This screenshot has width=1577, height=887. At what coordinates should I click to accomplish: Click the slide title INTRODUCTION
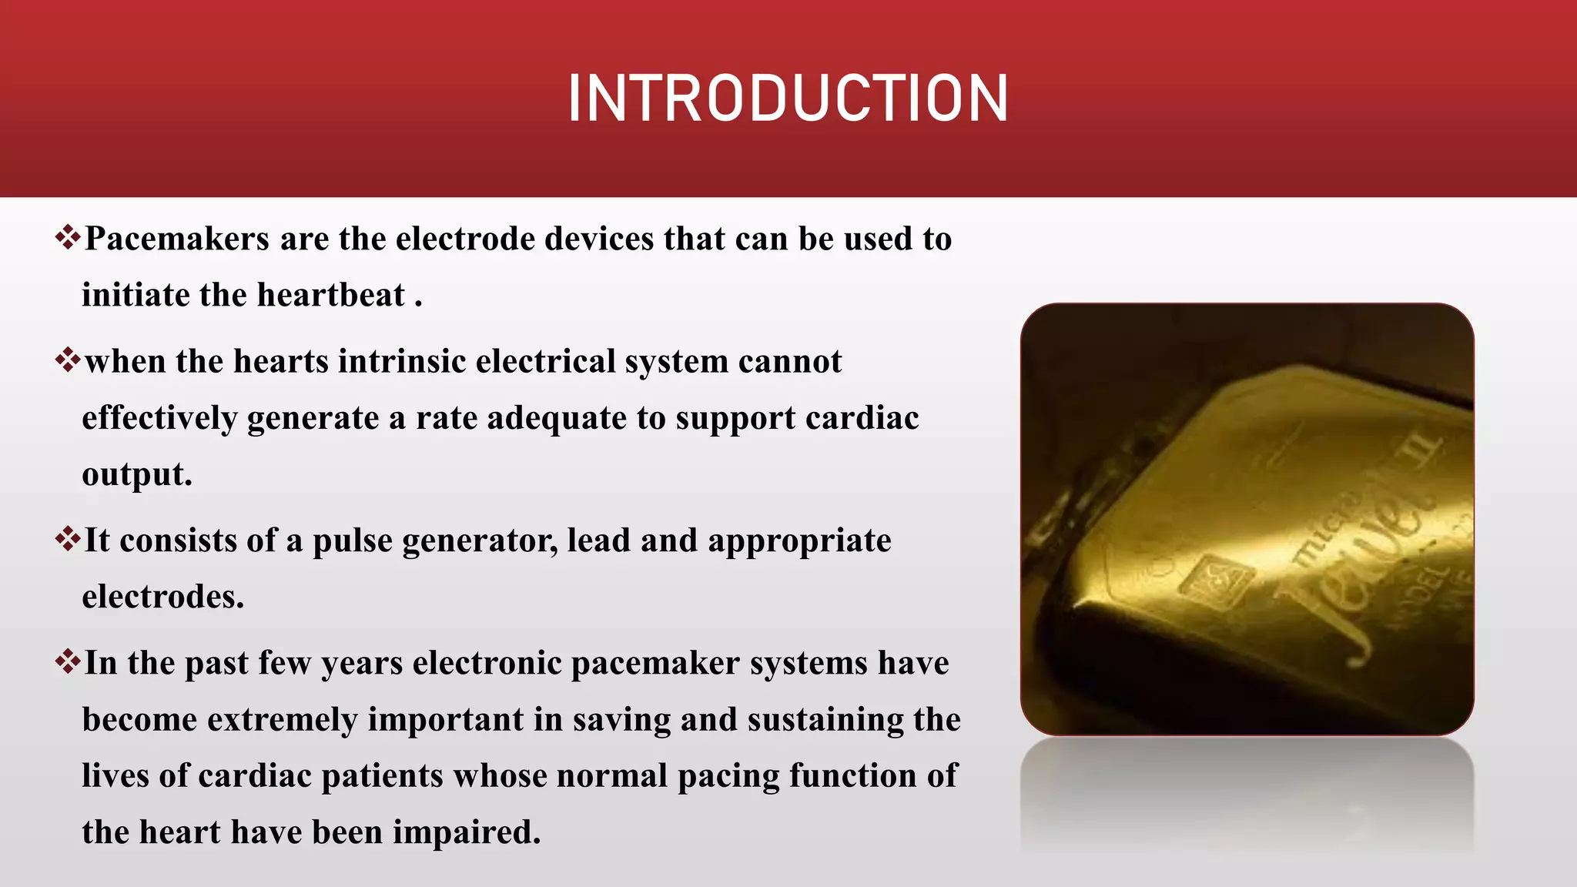[x=788, y=99]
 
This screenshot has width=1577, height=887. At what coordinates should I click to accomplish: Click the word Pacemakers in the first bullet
[x=177, y=239]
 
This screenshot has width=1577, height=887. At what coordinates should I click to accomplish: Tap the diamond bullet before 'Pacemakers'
[x=68, y=236]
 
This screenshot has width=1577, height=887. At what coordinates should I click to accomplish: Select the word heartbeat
[x=331, y=296]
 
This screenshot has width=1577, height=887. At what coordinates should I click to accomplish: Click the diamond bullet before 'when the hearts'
[x=68, y=359]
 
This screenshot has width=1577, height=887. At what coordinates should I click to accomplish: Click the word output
[x=136, y=475]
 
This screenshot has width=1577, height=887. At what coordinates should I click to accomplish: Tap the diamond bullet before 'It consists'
[x=68, y=538]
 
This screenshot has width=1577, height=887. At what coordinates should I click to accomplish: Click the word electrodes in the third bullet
[x=162, y=597]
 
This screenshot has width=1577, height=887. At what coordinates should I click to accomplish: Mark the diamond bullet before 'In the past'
[x=68, y=661]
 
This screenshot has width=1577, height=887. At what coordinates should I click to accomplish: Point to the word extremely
[x=282, y=721]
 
